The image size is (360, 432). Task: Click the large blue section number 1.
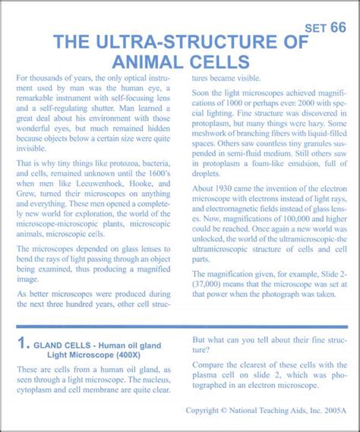click(x=24, y=344)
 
